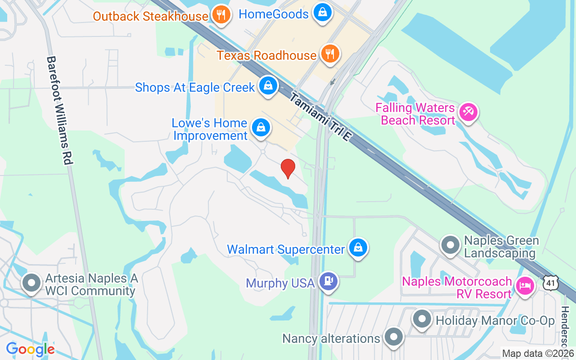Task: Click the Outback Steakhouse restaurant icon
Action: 220,15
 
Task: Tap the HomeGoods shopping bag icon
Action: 323,13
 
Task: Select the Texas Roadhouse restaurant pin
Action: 330,54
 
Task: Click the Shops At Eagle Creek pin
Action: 268,86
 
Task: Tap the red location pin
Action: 288,169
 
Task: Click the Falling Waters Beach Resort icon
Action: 468,112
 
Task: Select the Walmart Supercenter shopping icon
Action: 358,248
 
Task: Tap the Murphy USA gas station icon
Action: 328,282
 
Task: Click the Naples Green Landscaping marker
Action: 450,245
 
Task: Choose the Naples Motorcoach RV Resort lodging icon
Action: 525,285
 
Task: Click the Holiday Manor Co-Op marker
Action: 422,319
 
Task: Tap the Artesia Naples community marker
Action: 31,283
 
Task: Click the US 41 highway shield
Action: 552,283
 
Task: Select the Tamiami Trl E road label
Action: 319,117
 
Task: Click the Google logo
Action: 30,349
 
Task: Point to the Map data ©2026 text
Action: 538,354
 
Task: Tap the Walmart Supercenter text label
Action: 286,249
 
